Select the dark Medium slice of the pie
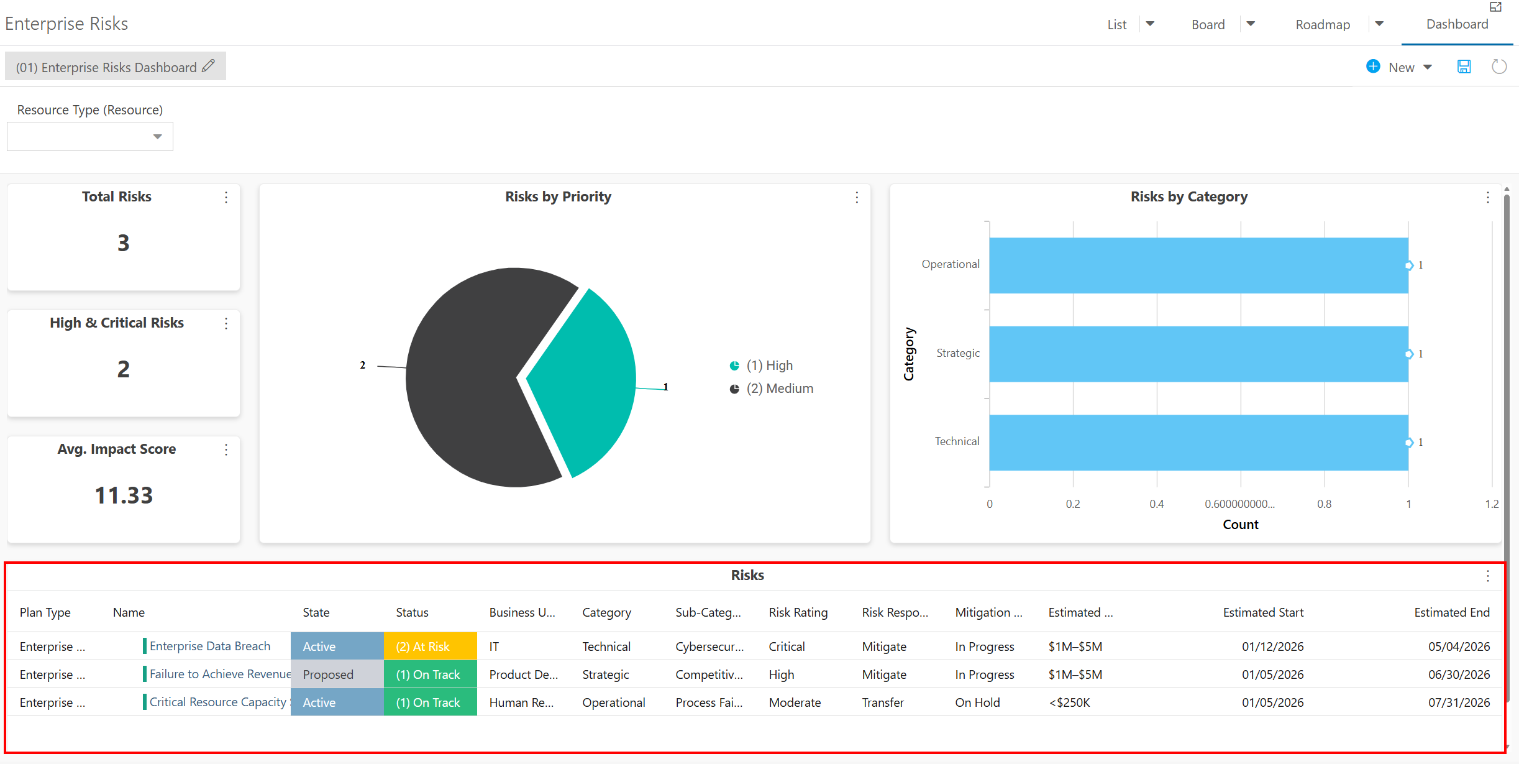pyautogui.click(x=472, y=379)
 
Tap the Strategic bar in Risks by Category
pyautogui.click(x=1198, y=354)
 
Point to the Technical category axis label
pyautogui.click(x=957, y=441)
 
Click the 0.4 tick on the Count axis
pyautogui.click(x=1157, y=504)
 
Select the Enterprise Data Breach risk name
pyautogui.click(x=210, y=647)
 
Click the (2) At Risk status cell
pyautogui.click(x=430, y=647)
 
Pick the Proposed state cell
pyautogui.click(x=337, y=674)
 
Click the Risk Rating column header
pyautogui.click(x=798, y=612)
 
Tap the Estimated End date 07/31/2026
pyautogui.click(x=1459, y=702)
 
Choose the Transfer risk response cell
pyautogui.click(x=883, y=702)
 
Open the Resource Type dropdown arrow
pyautogui.click(x=158, y=137)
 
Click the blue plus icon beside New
pyautogui.click(x=1373, y=67)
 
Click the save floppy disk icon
pyautogui.click(x=1464, y=67)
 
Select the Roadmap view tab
pyautogui.click(x=1323, y=24)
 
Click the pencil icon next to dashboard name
pyautogui.click(x=209, y=65)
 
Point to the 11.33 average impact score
pyautogui.click(x=124, y=495)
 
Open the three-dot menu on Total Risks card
pyautogui.click(x=226, y=197)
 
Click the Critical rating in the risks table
pyautogui.click(x=787, y=647)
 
